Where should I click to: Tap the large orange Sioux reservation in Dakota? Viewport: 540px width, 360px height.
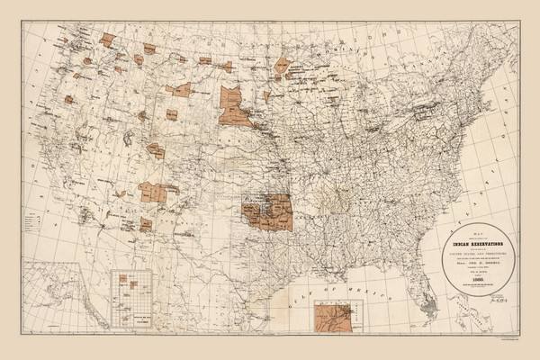point(237,108)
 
